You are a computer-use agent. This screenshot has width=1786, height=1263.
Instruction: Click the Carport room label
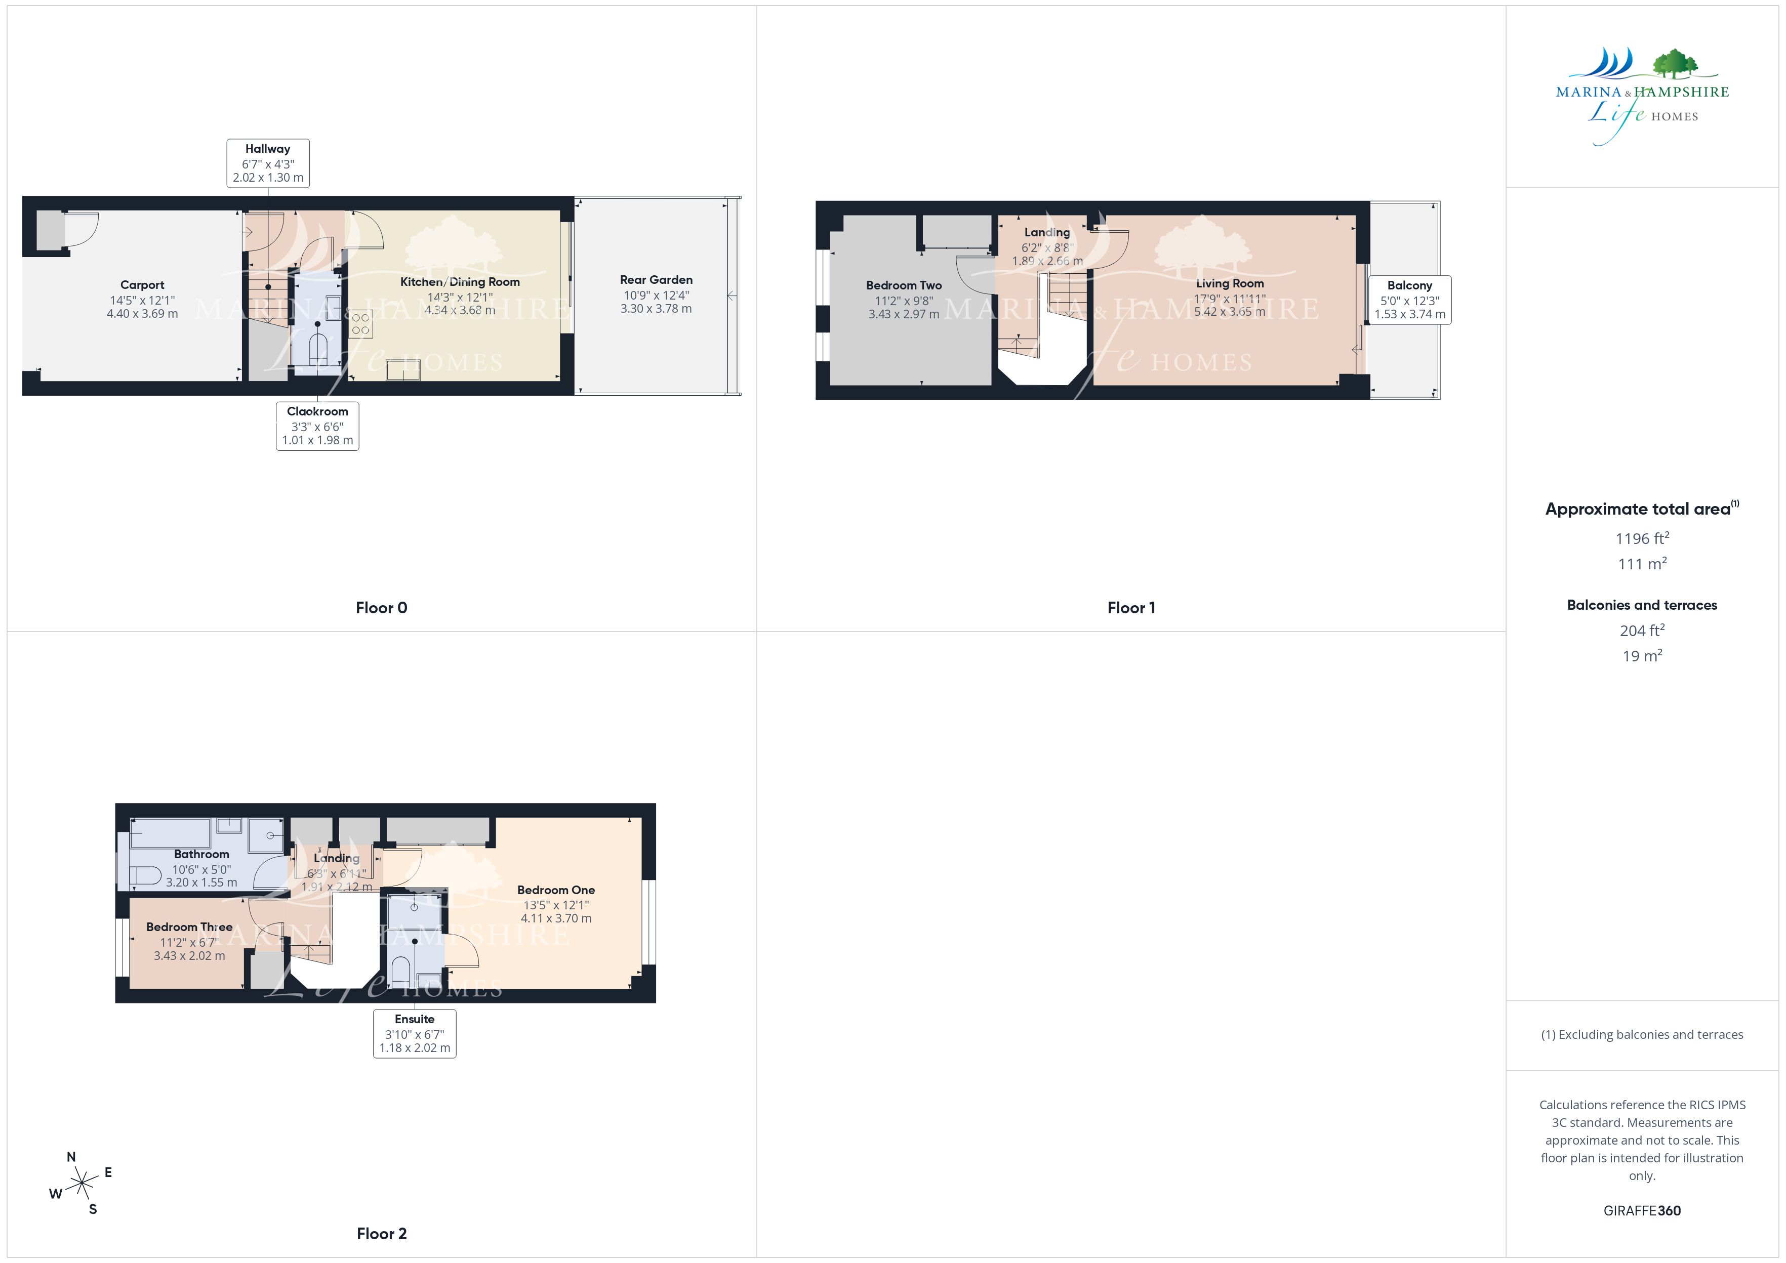click(142, 285)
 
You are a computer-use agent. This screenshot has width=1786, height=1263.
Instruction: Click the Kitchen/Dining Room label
click(460, 281)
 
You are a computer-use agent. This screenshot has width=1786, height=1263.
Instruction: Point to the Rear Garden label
click(656, 280)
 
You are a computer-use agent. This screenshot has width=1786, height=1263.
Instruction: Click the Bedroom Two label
click(904, 285)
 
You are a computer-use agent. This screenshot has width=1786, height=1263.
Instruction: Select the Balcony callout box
click(1409, 300)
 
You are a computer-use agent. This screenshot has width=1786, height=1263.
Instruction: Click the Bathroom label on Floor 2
click(201, 854)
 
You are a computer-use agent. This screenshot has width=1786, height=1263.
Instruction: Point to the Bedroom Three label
click(189, 927)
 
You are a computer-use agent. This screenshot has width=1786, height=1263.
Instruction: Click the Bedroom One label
click(556, 890)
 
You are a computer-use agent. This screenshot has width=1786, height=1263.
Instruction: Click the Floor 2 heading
click(381, 1234)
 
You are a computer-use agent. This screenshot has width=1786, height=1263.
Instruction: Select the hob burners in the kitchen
click(361, 323)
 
